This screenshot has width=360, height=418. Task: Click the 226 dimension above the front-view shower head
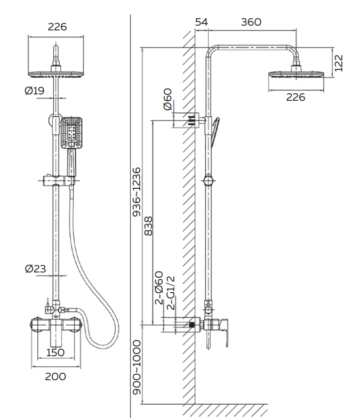(x=57, y=27)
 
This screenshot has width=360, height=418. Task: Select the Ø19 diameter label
(x=35, y=91)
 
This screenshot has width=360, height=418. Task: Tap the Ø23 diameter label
(x=35, y=269)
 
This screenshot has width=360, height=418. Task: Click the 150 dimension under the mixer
(x=55, y=352)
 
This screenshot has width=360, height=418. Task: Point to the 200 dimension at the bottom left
(x=55, y=376)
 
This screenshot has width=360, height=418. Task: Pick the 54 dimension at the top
(x=201, y=22)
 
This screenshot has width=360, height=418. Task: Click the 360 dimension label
(x=251, y=22)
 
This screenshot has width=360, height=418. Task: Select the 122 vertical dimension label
(x=338, y=63)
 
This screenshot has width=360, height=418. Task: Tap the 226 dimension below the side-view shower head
(x=295, y=97)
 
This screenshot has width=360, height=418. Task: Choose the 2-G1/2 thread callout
(x=171, y=293)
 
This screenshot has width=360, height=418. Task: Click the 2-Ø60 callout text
(x=159, y=288)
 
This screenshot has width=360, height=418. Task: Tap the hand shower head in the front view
(x=71, y=132)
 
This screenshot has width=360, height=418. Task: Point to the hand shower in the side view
(x=215, y=131)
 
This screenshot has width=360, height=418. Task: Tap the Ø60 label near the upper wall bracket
(x=167, y=100)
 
